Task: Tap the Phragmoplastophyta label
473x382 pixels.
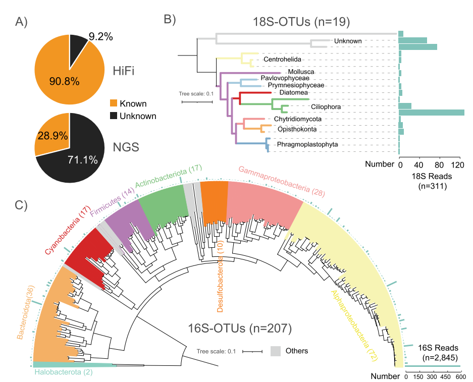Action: [x=307, y=145]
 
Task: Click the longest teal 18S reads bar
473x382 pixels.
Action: [x=432, y=112]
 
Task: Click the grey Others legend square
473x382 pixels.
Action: [x=276, y=351]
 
